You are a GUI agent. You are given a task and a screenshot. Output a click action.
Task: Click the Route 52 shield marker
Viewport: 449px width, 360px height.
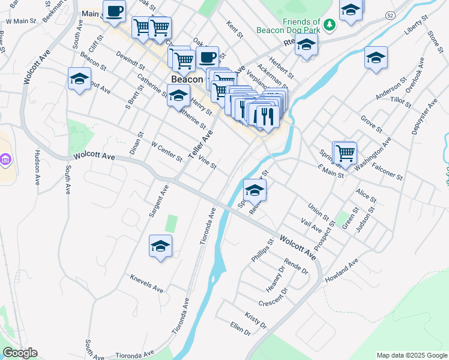(x=391, y=14)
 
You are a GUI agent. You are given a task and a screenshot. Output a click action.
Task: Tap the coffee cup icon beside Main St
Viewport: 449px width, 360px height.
(x=114, y=11)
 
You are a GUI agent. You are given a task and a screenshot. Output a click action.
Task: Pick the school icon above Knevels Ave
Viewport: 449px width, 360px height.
(x=160, y=245)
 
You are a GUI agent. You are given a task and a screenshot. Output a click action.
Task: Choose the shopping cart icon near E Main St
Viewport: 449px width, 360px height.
(x=345, y=152)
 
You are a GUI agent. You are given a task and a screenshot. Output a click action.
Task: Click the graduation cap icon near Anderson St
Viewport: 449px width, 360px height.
(x=376, y=58)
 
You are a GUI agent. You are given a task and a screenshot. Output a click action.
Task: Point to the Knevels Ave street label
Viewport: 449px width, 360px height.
(x=146, y=284)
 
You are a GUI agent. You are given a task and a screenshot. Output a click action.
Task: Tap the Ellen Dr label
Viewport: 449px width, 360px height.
(x=240, y=328)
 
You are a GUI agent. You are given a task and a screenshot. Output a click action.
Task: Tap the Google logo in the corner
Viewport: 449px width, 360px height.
(x=20, y=353)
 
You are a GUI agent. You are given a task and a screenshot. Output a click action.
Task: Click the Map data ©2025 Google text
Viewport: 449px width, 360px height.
(x=411, y=355)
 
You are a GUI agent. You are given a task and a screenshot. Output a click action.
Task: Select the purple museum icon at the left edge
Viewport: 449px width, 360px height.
(x=5, y=160)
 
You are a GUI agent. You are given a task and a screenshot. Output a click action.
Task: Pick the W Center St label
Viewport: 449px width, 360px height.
(x=167, y=152)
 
